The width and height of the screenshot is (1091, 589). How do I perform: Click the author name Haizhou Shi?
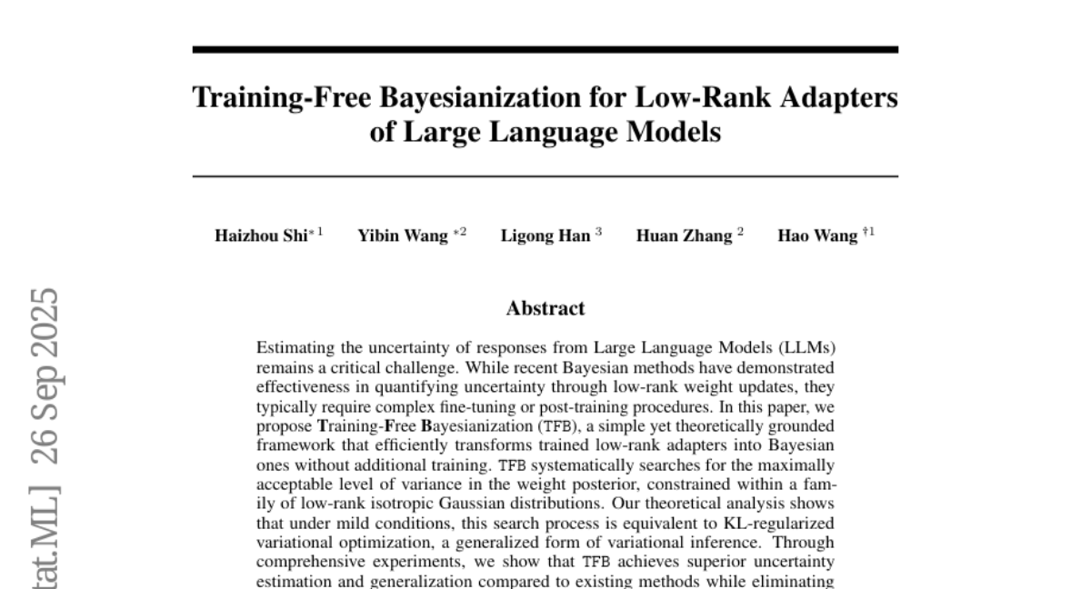click(x=260, y=236)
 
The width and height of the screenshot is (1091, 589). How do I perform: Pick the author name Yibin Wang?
click(x=402, y=236)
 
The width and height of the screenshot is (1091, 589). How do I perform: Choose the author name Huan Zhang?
click(x=684, y=236)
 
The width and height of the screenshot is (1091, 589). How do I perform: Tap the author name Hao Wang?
click(x=817, y=236)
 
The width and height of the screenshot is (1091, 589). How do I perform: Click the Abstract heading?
click(x=545, y=308)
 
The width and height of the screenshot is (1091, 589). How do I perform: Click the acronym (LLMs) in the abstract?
click(x=806, y=348)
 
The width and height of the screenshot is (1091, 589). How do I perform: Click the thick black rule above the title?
click(x=545, y=50)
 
